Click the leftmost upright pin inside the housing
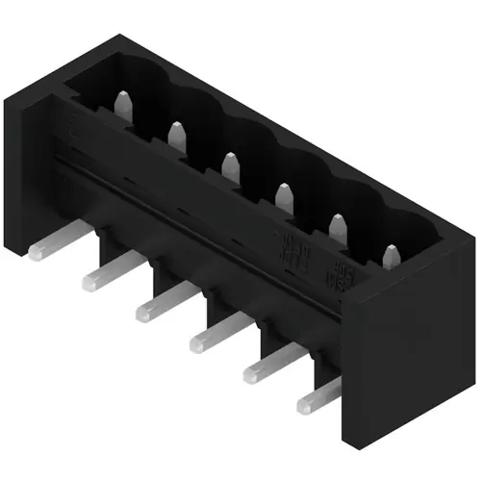coord(123,103)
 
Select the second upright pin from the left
coord(176,136)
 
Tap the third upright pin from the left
coord(229,165)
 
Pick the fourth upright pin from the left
coord(283,196)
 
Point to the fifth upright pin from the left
coord(337,227)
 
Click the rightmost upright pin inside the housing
coord(391,258)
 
